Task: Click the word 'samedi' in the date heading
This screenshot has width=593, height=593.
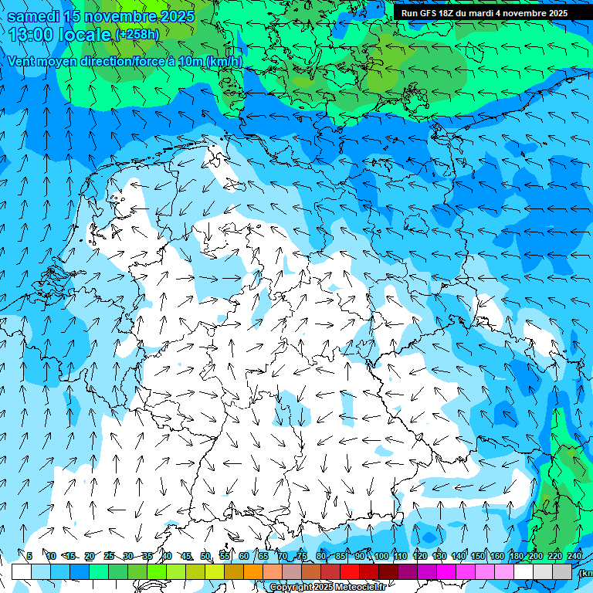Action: (x=33, y=16)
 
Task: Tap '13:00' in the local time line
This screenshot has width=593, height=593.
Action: (x=34, y=35)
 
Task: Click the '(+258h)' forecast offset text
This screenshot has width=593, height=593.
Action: (x=137, y=34)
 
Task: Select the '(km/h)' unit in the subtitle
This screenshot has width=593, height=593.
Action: (x=225, y=61)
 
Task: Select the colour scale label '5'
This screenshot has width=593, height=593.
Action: (x=29, y=556)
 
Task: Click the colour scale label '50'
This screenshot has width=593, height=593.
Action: (x=205, y=556)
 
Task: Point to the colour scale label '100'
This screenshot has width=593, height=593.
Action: (x=381, y=556)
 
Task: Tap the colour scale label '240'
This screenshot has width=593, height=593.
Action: (x=574, y=556)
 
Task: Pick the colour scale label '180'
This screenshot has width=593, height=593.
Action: (x=516, y=556)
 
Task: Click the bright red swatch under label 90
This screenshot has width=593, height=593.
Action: (x=350, y=571)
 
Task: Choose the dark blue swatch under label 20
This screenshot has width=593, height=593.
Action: (x=80, y=571)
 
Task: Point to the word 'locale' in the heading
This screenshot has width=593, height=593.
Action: (x=87, y=35)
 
